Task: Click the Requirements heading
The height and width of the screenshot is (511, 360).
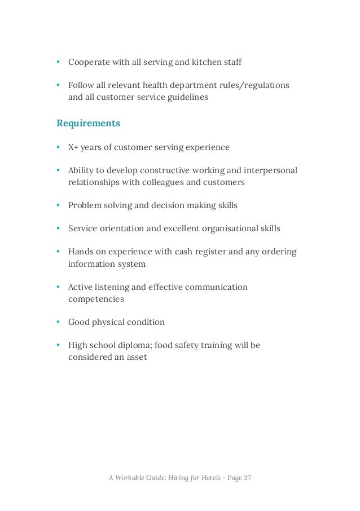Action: point(88,123)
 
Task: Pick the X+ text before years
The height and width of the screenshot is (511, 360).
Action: point(74,147)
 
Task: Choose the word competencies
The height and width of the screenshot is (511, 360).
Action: point(96,299)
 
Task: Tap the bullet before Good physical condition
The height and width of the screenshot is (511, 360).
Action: point(59,322)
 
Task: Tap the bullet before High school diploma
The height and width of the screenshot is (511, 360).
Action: point(59,345)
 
